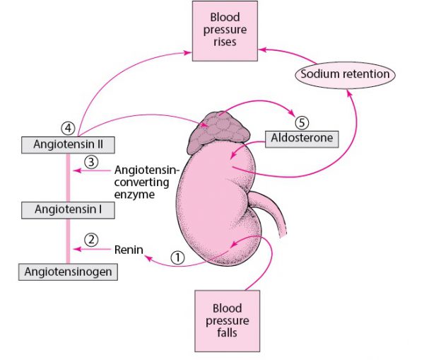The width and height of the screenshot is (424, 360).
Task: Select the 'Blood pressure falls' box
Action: pyautogui.click(x=226, y=320)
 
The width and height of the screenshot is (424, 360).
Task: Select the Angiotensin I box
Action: pyautogui.click(x=68, y=209)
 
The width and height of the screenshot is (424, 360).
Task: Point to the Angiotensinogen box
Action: pyautogui.click(x=68, y=271)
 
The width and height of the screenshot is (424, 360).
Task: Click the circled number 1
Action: pyautogui.click(x=178, y=259)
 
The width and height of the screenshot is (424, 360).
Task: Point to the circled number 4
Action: pyautogui.click(x=67, y=128)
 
